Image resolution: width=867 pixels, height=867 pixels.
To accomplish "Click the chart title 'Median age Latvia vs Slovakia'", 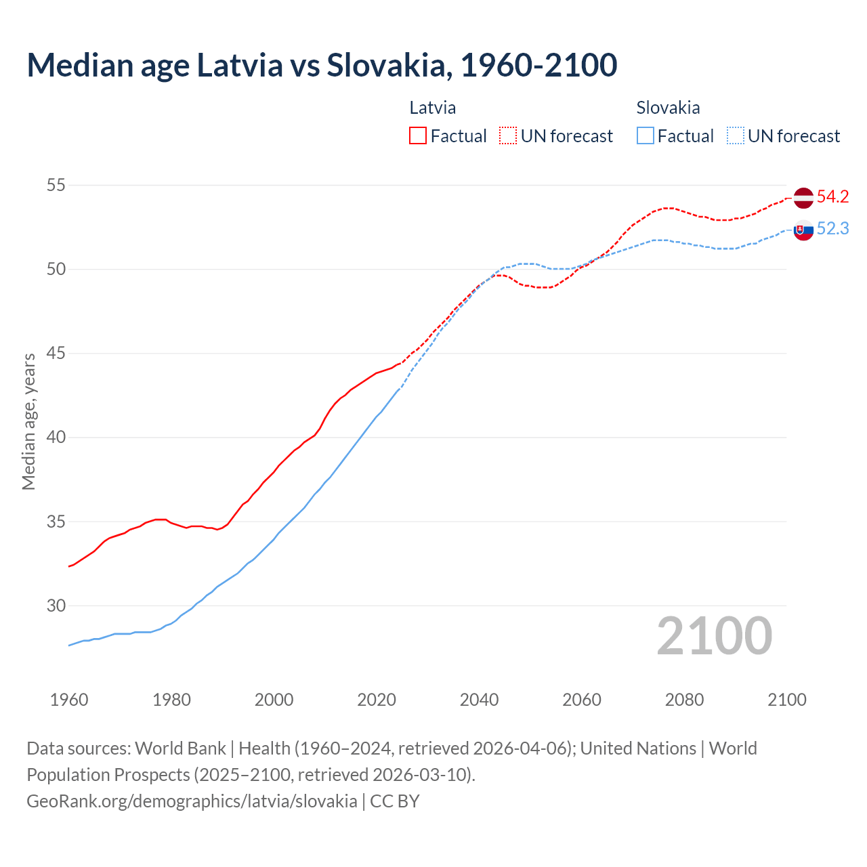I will (322, 65).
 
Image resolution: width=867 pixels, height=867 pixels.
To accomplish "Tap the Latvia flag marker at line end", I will (803, 198).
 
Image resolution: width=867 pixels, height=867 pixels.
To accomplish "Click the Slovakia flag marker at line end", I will (803, 230).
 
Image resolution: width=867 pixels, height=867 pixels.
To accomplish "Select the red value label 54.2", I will (832, 197).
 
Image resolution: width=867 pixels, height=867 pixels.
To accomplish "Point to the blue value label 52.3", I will (832, 229).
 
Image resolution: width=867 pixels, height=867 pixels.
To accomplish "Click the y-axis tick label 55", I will (56, 185).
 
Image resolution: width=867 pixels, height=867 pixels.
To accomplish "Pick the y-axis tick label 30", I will (56, 606).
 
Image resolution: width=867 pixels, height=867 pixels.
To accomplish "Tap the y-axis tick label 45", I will (56, 354).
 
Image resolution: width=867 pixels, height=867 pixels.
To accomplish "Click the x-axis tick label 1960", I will (69, 700).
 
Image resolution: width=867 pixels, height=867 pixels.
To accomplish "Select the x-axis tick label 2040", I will (480, 700).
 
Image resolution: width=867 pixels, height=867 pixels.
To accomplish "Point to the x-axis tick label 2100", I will (787, 700).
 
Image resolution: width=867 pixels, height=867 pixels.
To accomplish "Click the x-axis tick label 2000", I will (274, 700).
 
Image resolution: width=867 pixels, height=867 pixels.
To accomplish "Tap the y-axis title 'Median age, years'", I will (28, 421).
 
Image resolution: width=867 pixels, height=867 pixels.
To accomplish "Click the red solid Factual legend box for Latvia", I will (418, 136).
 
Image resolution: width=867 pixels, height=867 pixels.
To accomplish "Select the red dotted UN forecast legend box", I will (508, 136).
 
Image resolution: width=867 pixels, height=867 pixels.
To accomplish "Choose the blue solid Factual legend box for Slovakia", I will (646, 136).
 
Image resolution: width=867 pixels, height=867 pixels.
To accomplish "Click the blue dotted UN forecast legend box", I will (736, 136).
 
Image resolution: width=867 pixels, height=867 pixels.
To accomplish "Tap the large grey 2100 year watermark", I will (715, 636).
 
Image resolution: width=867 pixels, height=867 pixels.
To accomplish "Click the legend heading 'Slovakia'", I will (668, 108).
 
